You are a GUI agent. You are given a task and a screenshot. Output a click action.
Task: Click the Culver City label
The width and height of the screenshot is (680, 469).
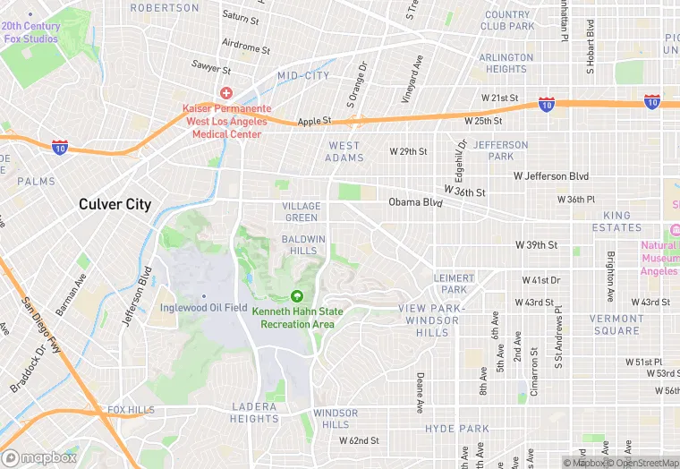pos(115,204)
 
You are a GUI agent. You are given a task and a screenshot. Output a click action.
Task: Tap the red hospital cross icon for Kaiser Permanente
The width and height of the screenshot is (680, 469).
pos(225,92)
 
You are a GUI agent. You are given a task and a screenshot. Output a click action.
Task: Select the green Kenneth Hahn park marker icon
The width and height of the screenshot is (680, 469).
pos(297,296)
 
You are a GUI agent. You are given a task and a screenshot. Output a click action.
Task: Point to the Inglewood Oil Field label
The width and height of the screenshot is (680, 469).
pos(203,308)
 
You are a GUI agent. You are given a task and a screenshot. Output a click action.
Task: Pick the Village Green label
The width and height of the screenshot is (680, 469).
pos(301,212)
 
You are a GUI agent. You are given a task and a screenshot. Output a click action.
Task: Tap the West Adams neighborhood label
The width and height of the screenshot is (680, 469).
pos(344,152)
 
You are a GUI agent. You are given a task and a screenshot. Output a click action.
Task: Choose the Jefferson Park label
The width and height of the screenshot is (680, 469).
pos(501,150)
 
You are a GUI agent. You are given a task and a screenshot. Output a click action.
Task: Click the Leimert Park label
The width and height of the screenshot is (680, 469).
pos(454,284)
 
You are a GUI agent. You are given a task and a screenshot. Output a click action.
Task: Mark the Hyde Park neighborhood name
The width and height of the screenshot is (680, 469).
pos(456,429)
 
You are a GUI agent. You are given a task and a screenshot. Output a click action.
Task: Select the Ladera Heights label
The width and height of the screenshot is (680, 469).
pos(254,413)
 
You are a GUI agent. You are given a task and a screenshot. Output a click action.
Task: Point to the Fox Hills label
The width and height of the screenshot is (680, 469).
pos(131,410)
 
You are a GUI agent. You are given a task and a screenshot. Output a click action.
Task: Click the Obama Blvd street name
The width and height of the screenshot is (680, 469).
pos(415,202)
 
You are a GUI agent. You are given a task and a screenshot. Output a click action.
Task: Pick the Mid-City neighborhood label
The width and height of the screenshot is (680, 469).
pos(303,76)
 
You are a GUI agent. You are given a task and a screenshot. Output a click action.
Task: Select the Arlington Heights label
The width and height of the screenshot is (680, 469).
pos(506,63)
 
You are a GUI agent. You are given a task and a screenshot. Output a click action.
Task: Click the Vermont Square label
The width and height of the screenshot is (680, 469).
pos(616,324)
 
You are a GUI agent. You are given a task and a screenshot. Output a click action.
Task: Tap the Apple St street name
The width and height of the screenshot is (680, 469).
pos(314,121)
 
